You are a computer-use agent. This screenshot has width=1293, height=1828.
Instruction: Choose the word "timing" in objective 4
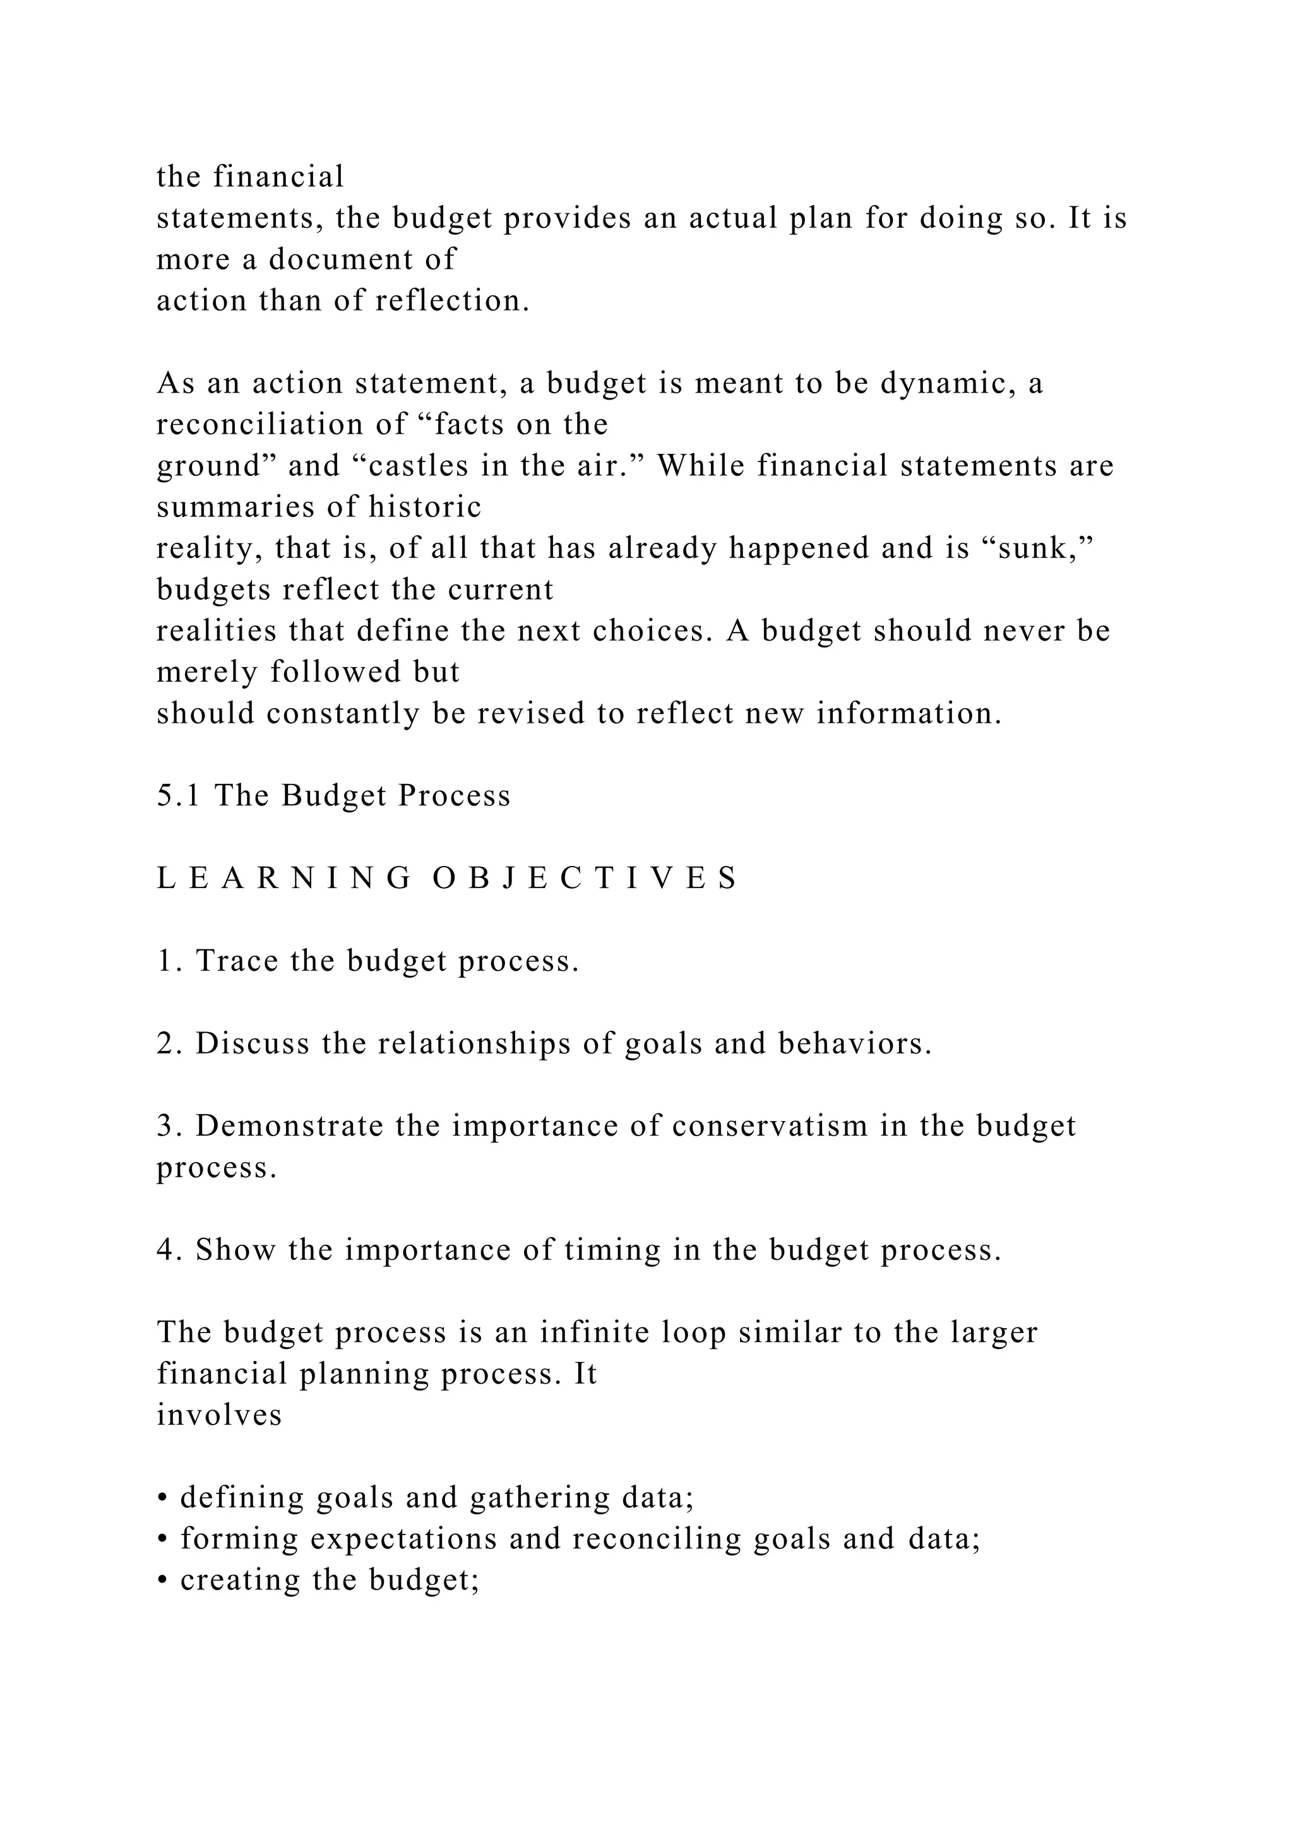coord(612,1251)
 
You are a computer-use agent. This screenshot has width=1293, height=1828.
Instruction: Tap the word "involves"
coord(219,1416)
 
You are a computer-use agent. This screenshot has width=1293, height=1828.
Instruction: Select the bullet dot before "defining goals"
coord(162,1499)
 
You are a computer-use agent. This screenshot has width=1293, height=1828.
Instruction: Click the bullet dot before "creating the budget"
coord(162,1582)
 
